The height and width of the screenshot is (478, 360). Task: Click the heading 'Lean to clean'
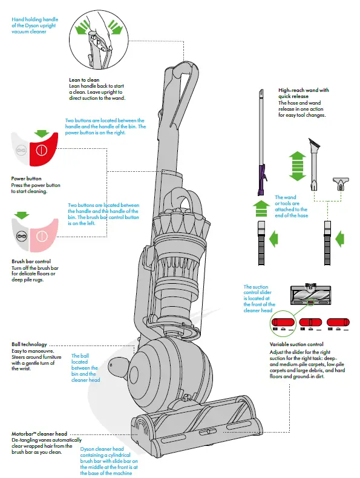click(x=85, y=80)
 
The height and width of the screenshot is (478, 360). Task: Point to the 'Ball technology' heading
click(x=29, y=345)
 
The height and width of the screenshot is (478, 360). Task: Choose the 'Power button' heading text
click(x=27, y=178)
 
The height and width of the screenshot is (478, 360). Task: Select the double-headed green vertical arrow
click(x=296, y=165)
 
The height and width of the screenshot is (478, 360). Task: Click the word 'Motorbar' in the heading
click(x=24, y=434)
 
